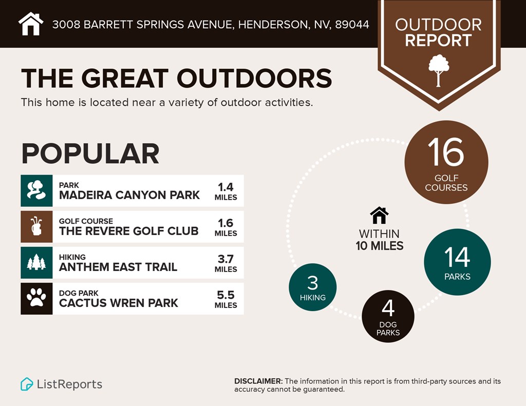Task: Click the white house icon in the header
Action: (x=31, y=24)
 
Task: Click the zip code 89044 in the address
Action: (x=352, y=24)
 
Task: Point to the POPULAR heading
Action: (x=90, y=153)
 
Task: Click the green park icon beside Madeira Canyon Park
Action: (x=36, y=190)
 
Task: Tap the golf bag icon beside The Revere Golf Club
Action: (x=36, y=226)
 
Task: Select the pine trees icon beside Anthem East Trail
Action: (x=36, y=262)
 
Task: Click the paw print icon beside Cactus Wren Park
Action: (x=36, y=298)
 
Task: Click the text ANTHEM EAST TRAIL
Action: (x=118, y=267)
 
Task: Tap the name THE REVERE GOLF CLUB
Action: (x=128, y=231)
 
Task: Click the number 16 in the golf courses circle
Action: (x=445, y=152)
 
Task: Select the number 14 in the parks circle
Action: (x=457, y=257)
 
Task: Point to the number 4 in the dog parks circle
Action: (x=388, y=308)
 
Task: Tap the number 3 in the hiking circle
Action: (x=312, y=283)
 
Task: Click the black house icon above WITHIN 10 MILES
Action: (x=379, y=215)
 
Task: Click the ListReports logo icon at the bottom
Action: (x=27, y=384)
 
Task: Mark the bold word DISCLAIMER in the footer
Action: (x=258, y=381)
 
